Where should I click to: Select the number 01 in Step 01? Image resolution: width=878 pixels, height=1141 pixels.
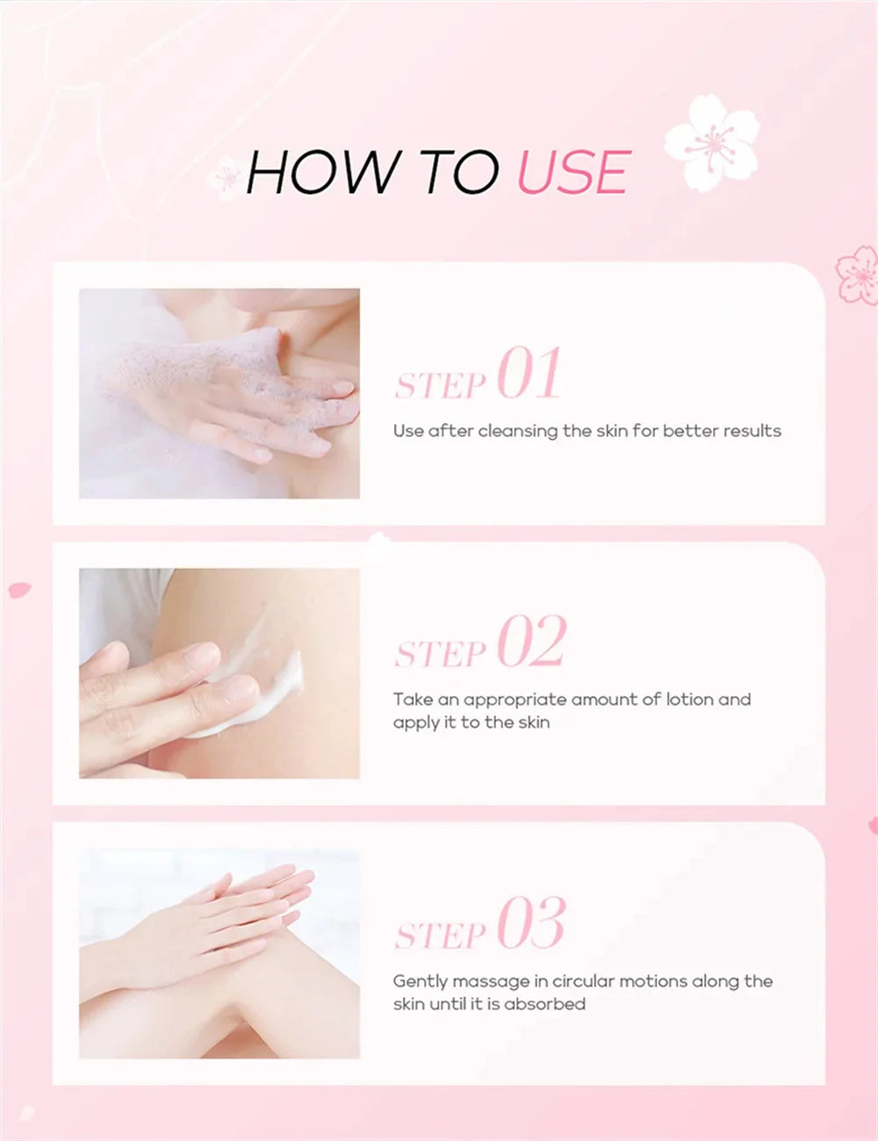529,374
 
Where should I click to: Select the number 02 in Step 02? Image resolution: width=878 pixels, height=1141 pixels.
531,642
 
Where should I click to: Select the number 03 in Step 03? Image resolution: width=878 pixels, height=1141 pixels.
531,923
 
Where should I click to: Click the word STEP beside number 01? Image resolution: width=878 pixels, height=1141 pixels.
440,385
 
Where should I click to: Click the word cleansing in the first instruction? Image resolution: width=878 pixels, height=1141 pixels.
518,431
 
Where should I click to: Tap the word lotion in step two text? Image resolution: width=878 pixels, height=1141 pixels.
689,700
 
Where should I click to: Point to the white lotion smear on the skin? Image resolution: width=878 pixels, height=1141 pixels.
263,689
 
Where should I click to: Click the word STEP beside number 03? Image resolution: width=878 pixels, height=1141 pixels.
440,936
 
